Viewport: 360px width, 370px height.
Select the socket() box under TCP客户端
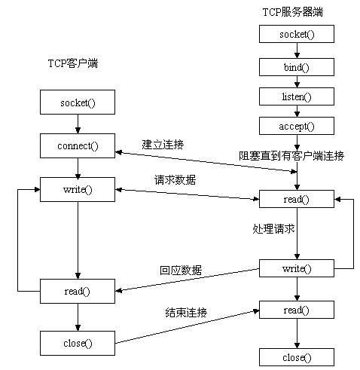click(78, 100)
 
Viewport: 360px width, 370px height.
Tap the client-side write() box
click(78, 188)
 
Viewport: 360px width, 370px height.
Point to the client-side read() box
click(78, 291)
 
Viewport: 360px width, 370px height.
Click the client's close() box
click(78, 343)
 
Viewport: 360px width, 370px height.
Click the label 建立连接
click(162, 143)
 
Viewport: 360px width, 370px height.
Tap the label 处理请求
click(273, 227)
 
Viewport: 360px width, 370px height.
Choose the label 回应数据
click(181, 270)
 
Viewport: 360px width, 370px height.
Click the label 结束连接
click(186, 312)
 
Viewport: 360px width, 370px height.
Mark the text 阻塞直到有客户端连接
click(291, 156)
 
